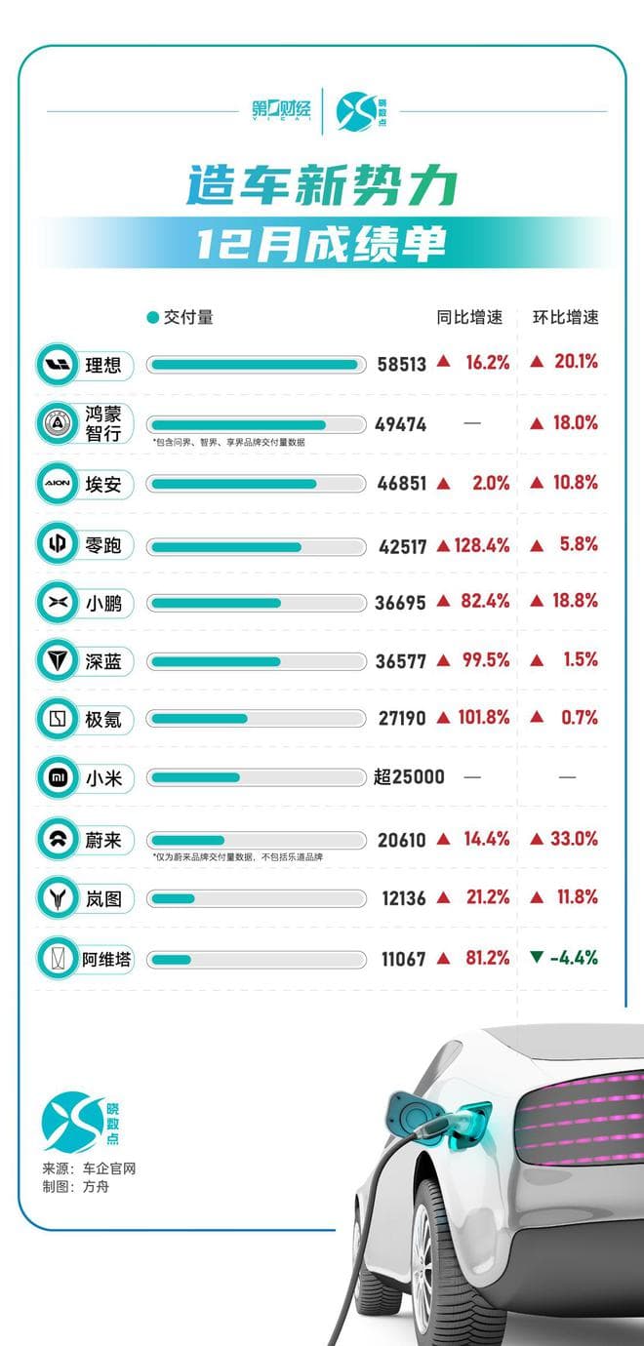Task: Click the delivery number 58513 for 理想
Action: click(x=402, y=364)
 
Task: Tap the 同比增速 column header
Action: click(x=469, y=317)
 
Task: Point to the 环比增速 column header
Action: click(x=565, y=317)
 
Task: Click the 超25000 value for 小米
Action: click(x=409, y=777)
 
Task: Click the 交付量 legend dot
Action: click(x=152, y=318)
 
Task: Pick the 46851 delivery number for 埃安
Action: click(x=401, y=483)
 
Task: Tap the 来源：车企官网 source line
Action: click(x=89, y=1168)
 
